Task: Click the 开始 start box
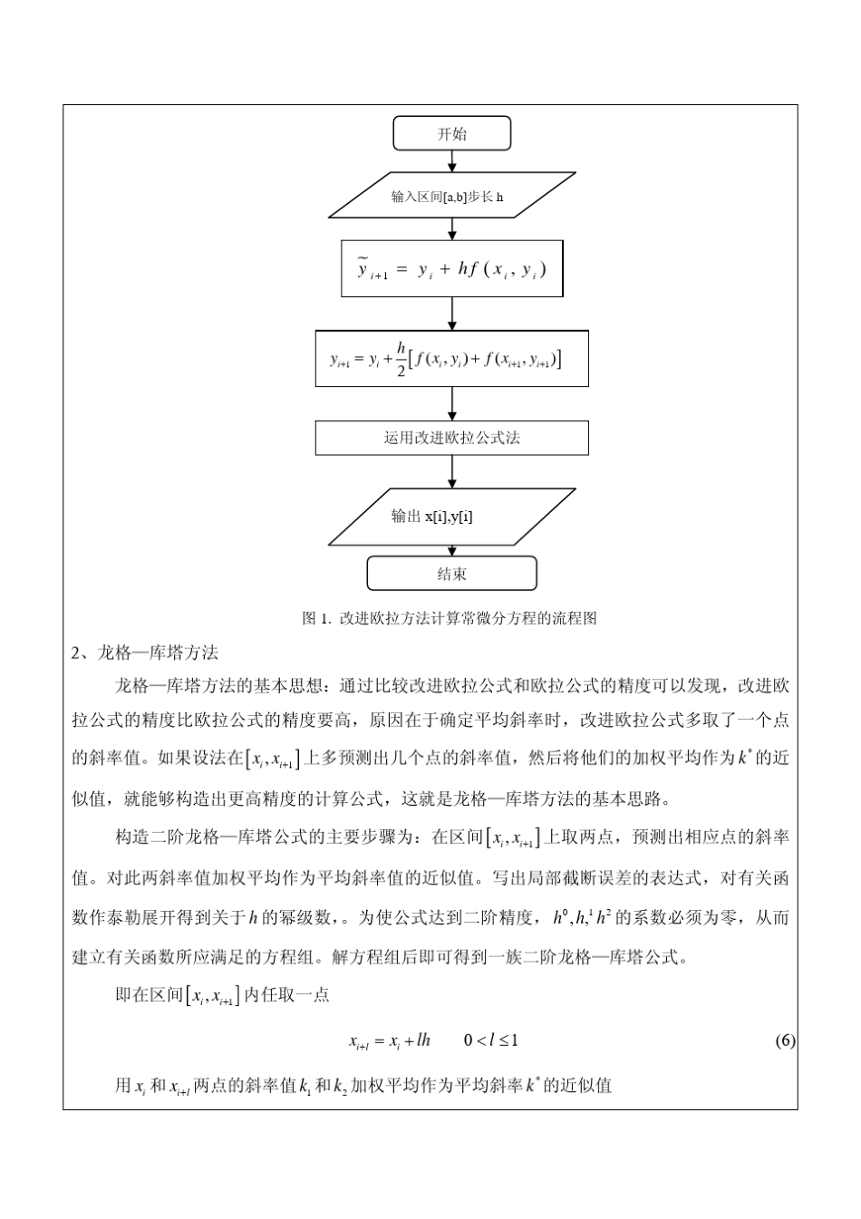click(x=451, y=134)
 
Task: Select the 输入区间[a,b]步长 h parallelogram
click(x=451, y=196)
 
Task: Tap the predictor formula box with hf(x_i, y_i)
click(x=451, y=269)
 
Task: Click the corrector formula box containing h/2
click(x=451, y=359)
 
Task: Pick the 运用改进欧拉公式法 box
click(x=451, y=438)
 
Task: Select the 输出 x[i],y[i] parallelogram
click(x=451, y=517)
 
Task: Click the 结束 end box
click(x=451, y=574)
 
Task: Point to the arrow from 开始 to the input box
click(x=452, y=161)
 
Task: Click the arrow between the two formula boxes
click(x=452, y=314)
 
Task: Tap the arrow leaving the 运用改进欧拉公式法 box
click(x=452, y=471)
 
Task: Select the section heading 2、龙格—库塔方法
click(x=145, y=653)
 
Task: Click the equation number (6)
click(x=785, y=1040)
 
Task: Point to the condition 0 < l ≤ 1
click(x=490, y=1040)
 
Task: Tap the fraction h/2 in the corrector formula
click(x=401, y=360)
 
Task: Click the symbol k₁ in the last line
click(x=305, y=1085)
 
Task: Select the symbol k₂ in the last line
click(x=341, y=1085)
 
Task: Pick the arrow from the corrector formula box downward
click(x=452, y=403)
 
